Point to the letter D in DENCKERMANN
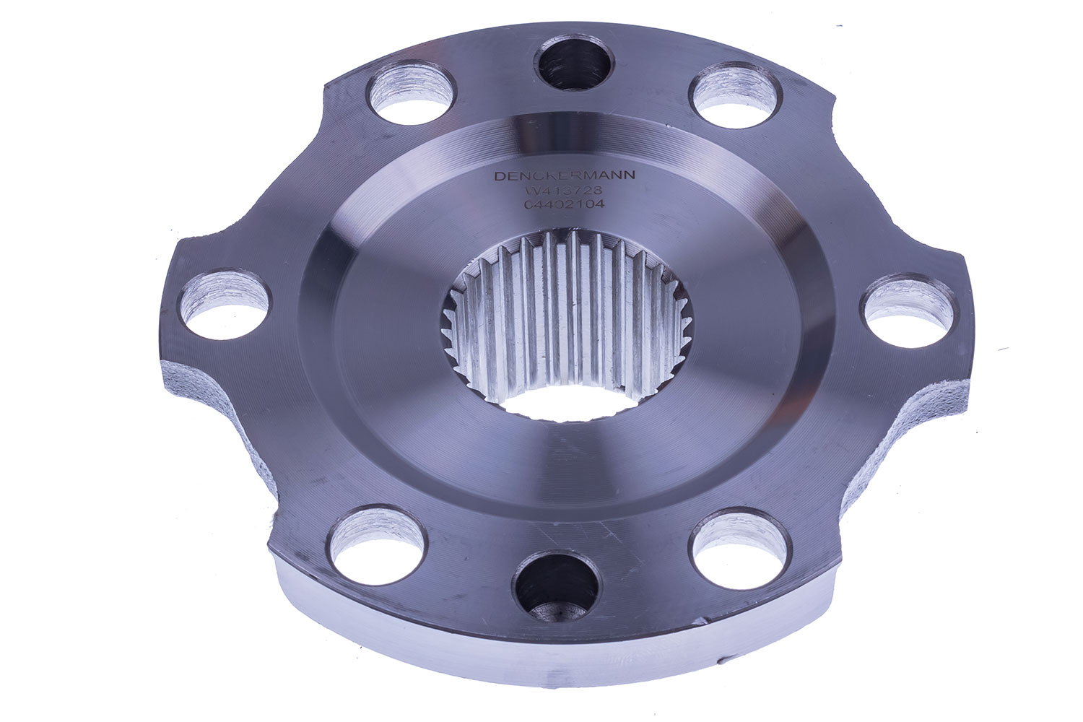coord(497,176)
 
